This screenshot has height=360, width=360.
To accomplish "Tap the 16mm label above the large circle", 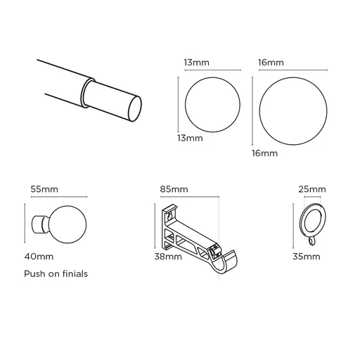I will [x=271, y=63].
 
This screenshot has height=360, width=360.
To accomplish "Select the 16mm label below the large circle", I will [x=264, y=153].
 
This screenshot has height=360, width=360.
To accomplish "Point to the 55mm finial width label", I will [x=44, y=189].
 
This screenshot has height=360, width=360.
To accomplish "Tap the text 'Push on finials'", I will [x=56, y=274].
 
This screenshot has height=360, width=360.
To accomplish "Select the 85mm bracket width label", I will [x=174, y=189].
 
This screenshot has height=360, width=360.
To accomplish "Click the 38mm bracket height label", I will [x=169, y=257].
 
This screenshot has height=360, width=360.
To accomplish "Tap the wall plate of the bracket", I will [x=169, y=229].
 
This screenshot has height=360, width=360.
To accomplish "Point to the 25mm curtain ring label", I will [x=311, y=189].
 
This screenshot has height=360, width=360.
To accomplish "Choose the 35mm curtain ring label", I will [x=306, y=257].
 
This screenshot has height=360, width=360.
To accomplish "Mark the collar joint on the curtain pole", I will [x=87, y=91].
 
